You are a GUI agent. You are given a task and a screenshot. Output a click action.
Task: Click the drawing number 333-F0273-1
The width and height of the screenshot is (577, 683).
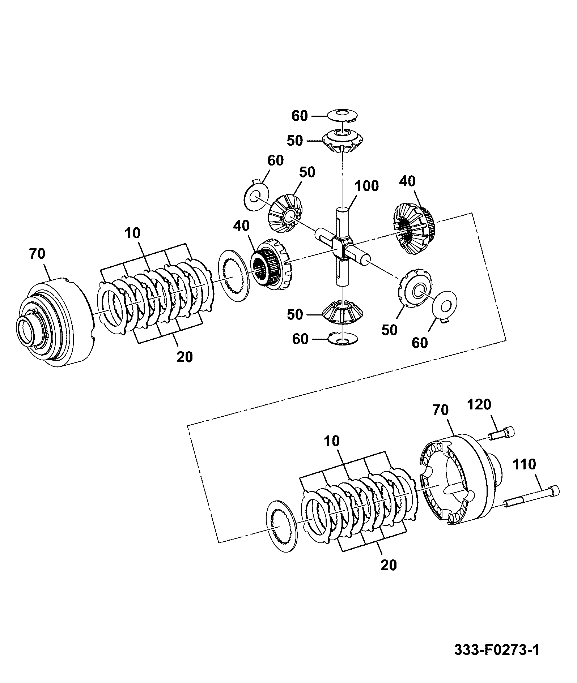496,650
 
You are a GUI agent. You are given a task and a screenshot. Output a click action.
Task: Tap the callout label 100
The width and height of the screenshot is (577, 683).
366,186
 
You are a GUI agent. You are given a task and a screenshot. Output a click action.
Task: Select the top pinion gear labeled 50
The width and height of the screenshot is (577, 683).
342,141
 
